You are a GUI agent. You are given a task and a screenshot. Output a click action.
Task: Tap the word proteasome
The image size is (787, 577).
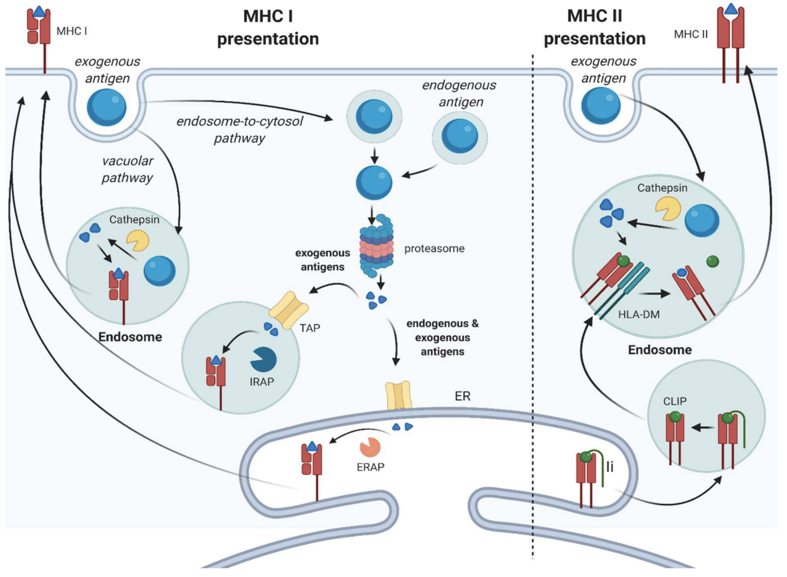click(x=434, y=249)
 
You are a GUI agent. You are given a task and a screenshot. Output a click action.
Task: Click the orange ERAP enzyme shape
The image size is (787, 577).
click(x=370, y=447)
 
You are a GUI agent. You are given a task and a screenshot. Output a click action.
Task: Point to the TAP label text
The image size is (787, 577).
click(x=310, y=328)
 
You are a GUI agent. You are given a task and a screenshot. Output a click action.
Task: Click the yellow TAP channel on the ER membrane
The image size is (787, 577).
click(x=398, y=395)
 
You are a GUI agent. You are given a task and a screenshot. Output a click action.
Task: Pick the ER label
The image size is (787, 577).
click(x=462, y=396)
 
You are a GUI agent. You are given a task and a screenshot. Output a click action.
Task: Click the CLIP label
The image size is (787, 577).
click(x=674, y=401)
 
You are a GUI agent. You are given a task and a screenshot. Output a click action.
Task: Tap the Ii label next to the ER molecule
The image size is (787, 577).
click(x=609, y=467)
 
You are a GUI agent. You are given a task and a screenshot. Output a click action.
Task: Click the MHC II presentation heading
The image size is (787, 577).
click(x=594, y=27)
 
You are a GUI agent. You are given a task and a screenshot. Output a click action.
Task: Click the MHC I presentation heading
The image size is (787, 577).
click(x=268, y=27)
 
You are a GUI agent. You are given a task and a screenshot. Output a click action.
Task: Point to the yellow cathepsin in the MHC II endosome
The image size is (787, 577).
click(x=667, y=208)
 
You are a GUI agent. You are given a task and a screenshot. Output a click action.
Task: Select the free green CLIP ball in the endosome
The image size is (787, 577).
click(x=712, y=262)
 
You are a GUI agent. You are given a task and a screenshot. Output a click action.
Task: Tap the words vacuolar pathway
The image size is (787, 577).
click(x=127, y=169)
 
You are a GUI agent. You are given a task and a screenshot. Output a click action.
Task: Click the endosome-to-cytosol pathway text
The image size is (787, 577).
click(x=239, y=130)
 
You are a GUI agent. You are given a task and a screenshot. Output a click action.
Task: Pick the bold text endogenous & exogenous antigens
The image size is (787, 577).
click(x=442, y=338)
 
